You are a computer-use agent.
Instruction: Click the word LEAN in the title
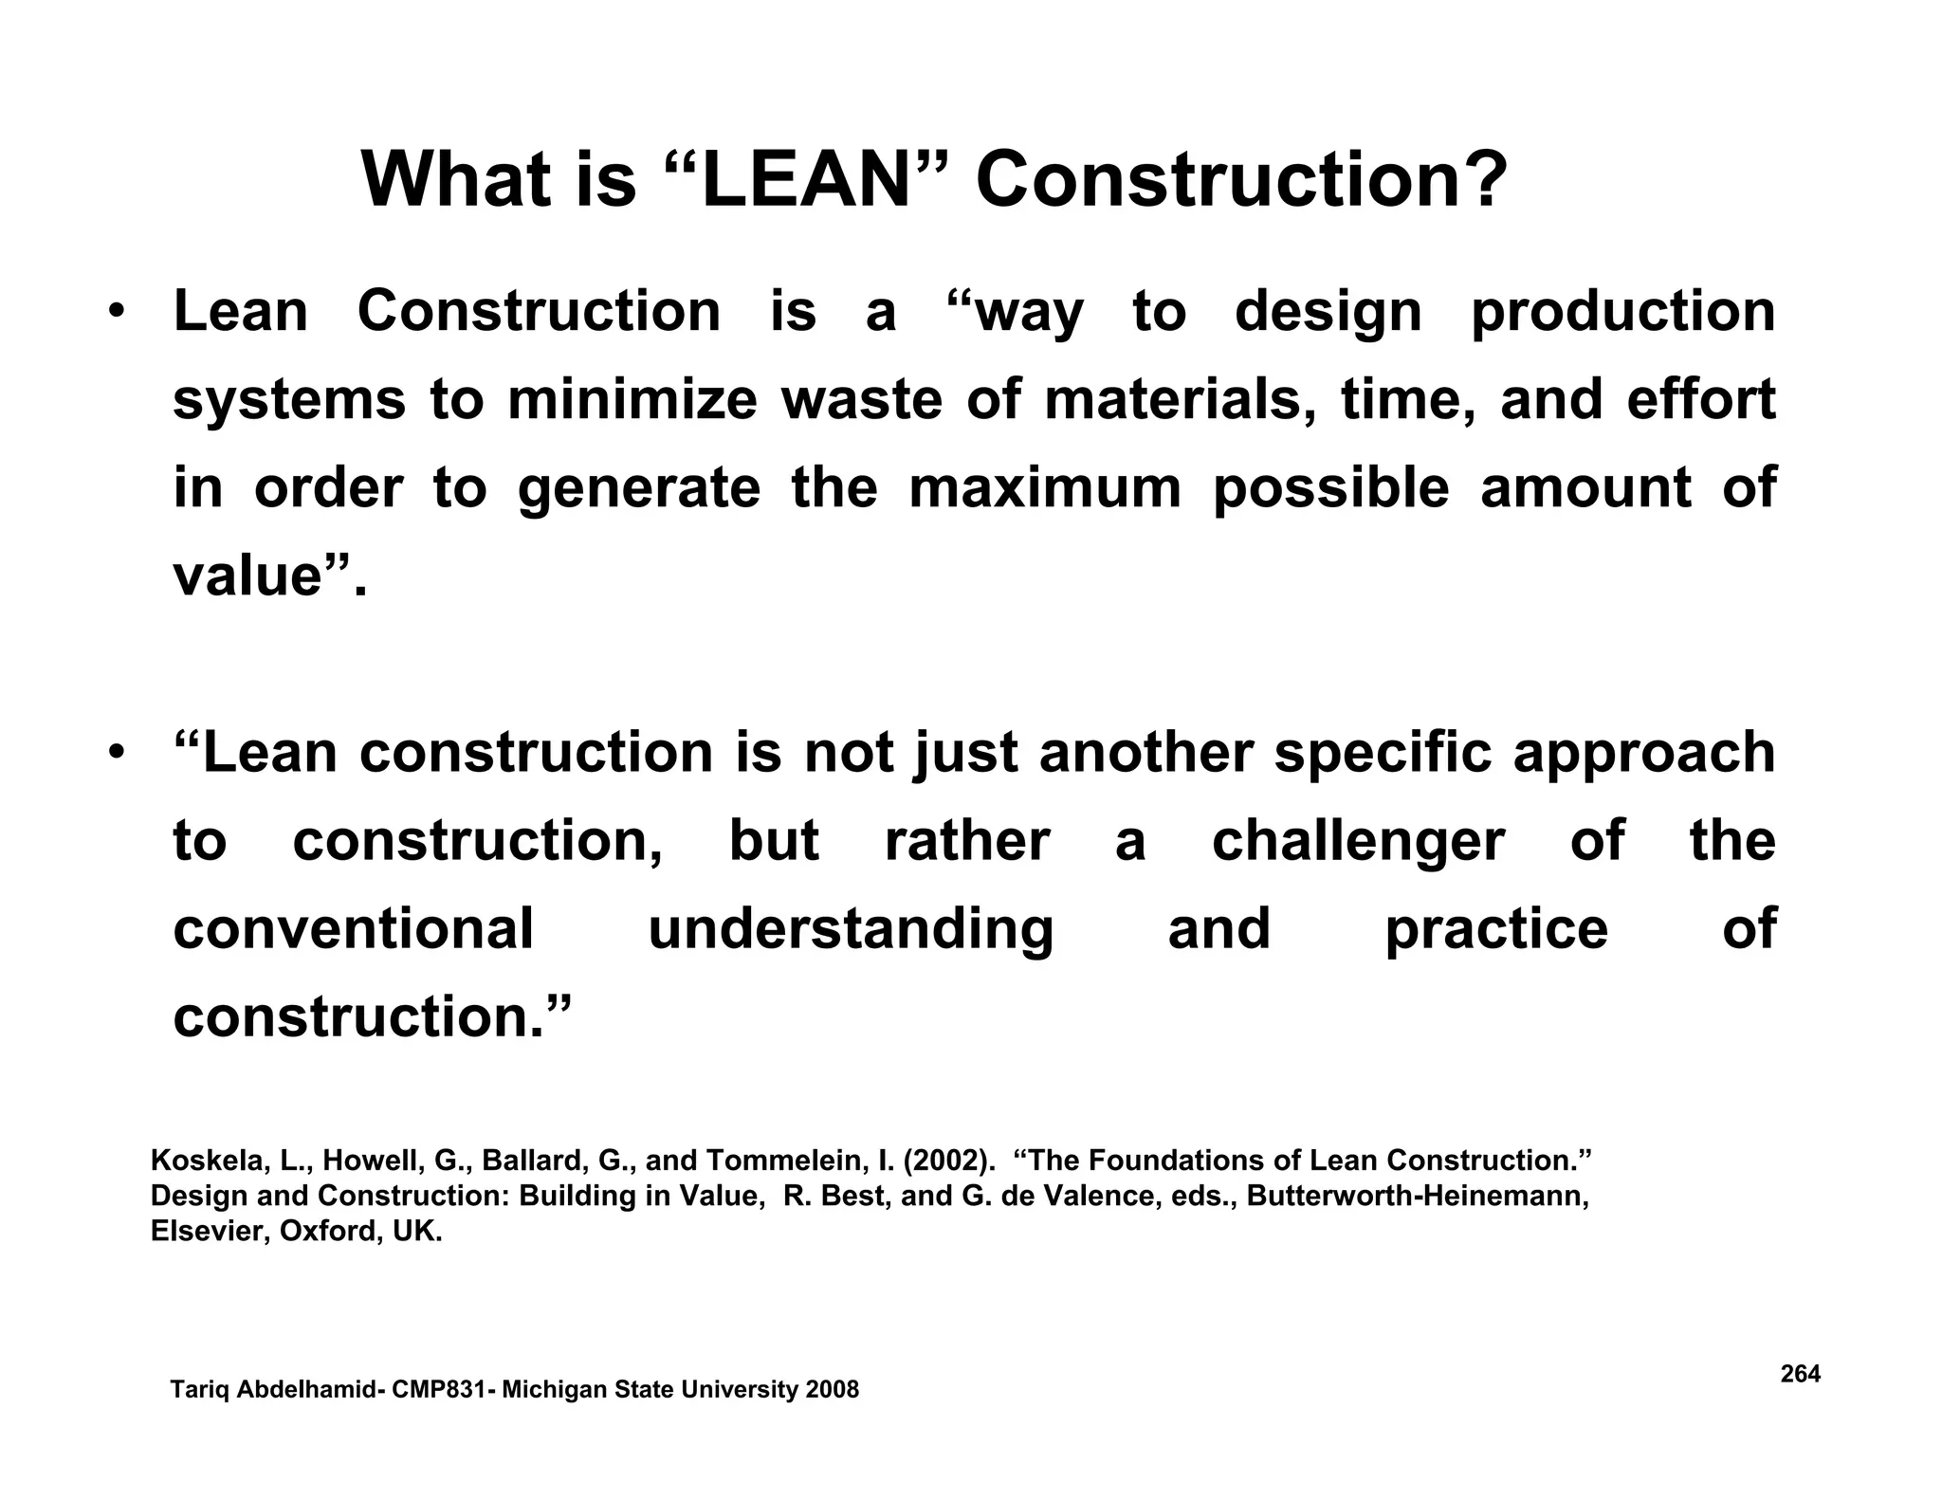(805, 180)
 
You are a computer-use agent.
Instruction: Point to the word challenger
(1358, 841)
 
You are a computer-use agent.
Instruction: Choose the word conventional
(354, 928)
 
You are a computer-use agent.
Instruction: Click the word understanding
(851, 930)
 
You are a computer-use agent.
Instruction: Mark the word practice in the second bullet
(1496, 930)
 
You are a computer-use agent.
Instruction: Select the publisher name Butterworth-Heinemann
(1418, 1196)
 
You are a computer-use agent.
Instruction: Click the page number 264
(1800, 1374)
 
